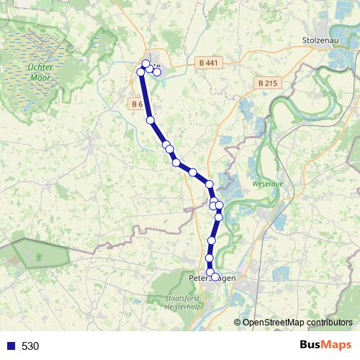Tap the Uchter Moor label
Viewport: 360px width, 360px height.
click(37, 71)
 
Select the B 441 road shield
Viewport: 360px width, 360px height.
click(206, 63)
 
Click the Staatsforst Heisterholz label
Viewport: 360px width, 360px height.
click(181, 302)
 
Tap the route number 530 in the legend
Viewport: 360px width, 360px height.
click(30, 346)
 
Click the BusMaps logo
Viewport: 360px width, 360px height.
click(325, 346)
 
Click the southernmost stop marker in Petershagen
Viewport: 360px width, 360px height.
click(215, 276)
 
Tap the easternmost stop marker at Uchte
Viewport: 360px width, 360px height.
click(157, 73)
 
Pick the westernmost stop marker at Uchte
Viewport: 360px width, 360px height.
click(140, 71)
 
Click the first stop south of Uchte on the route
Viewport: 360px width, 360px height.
click(150, 120)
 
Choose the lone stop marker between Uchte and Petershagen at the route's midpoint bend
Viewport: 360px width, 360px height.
click(192, 172)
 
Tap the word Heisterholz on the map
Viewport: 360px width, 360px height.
click(181, 306)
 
